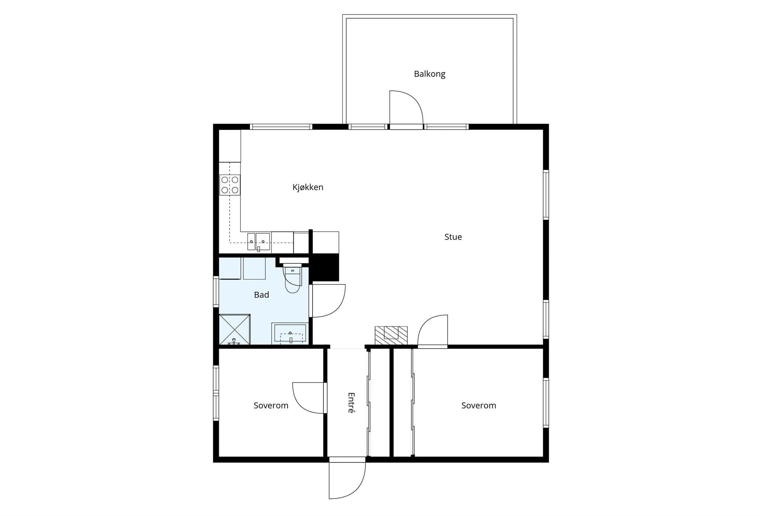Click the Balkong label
pyautogui.click(x=429, y=74)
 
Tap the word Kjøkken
pyautogui.click(x=308, y=187)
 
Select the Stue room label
pyautogui.click(x=453, y=237)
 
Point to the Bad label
pyautogui.click(x=261, y=295)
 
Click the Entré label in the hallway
pyautogui.click(x=351, y=403)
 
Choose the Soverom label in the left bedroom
pyautogui.click(x=271, y=406)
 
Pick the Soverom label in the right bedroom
pyautogui.click(x=478, y=406)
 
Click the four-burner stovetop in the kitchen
pyautogui.click(x=230, y=185)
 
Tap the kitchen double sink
pyautogui.click(x=259, y=242)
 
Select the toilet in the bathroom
pyautogui.click(x=292, y=277)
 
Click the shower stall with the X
pyautogui.click(x=234, y=330)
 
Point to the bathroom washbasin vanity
pyautogui.click(x=290, y=333)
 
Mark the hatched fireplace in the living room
pyautogui.click(x=391, y=335)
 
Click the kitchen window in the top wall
pyautogui.click(x=281, y=127)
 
